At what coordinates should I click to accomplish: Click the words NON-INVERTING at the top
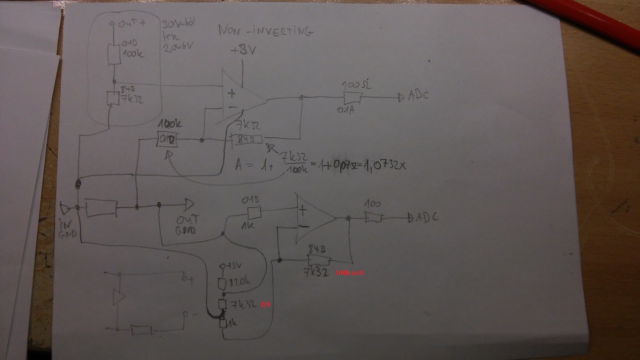click(x=265, y=31)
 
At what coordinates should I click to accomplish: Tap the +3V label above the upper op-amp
click(x=242, y=51)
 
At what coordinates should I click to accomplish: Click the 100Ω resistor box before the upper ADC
click(x=353, y=97)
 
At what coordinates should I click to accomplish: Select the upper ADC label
click(x=418, y=95)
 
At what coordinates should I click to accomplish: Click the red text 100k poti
click(x=350, y=273)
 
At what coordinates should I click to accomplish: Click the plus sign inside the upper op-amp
click(x=231, y=93)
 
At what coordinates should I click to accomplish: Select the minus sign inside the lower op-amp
click(x=305, y=226)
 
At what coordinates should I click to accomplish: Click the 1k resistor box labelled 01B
click(x=254, y=213)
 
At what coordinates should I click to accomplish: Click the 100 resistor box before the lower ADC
click(x=373, y=218)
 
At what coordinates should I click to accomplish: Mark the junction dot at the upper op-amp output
click(x=301, y=98)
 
